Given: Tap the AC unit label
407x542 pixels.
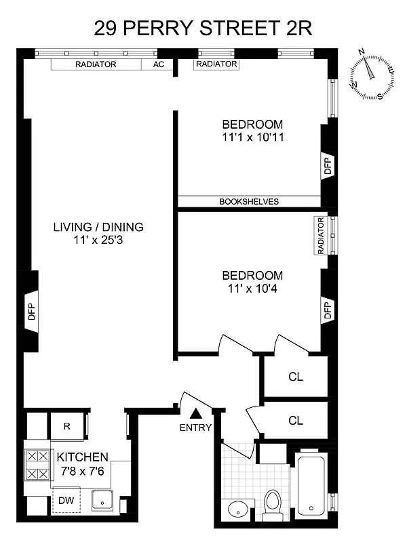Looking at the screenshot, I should pos(159,64).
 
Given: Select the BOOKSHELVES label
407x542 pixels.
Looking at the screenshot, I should pos(249,201).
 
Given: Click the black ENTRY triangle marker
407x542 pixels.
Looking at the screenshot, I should pos(196,413).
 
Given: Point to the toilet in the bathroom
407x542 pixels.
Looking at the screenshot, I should pos(273,505).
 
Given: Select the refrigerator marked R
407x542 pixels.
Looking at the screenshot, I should pos(67,426).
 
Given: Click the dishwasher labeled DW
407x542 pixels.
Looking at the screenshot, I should pos(66,501).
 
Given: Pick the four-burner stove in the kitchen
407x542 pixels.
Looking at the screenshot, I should pos(37,465).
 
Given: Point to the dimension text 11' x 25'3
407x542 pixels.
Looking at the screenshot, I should pos(98,241).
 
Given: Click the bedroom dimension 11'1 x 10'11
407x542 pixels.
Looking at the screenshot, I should pos(252,138).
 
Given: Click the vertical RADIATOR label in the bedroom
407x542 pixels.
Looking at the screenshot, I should pos(319,236).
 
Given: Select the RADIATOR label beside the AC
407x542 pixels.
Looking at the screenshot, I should pos(96,64).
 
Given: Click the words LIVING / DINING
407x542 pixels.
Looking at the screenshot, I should pos(98,227).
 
